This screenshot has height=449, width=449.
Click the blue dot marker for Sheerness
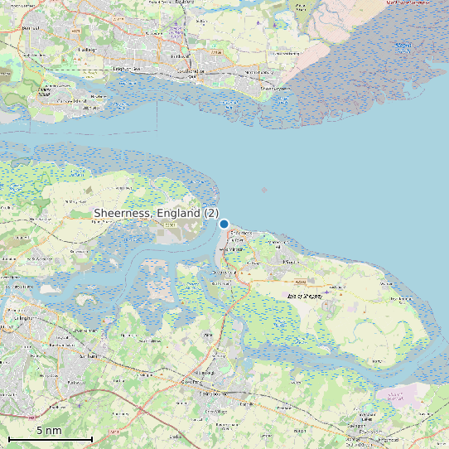pyautogui.click(x=224, y=223)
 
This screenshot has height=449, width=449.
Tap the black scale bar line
pyautogui.click(x=50, y=437)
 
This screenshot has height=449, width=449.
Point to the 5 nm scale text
pyautogui.click(x=49, y=430)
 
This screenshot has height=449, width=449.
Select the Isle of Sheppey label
pyautogui.click(x=303, y=295)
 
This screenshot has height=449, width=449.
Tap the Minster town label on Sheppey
pyautogui.click(x=290, y=262)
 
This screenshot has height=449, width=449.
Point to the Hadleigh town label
pyautogui.click(x=86, y=49)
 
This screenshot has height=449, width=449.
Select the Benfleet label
pyautogui.click(x=31, y=28)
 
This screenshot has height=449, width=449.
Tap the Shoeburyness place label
pyautogui.click(x=277, y=87)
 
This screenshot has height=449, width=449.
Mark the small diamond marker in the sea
pyautogui.click(x=264, y=191)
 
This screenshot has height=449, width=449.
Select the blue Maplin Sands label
pyautogui.click(x=403, y=46)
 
